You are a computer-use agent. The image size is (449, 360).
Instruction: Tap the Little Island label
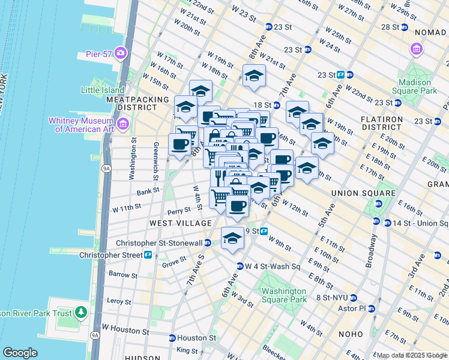click(101, 90)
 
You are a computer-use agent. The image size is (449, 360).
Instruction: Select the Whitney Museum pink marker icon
click(123, 124)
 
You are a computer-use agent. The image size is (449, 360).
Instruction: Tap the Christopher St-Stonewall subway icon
click(207, 243)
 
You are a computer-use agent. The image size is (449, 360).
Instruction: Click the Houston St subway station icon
click(172, 338)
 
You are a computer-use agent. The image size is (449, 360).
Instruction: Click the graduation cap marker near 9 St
click(232, 238)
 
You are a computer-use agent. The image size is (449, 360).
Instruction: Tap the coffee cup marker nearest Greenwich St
click(179, 144)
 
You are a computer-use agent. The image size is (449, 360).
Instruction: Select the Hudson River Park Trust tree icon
click(80, 313)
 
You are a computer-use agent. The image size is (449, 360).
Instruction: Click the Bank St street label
click(148, 191)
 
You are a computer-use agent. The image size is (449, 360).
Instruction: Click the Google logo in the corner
click(20, 353)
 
